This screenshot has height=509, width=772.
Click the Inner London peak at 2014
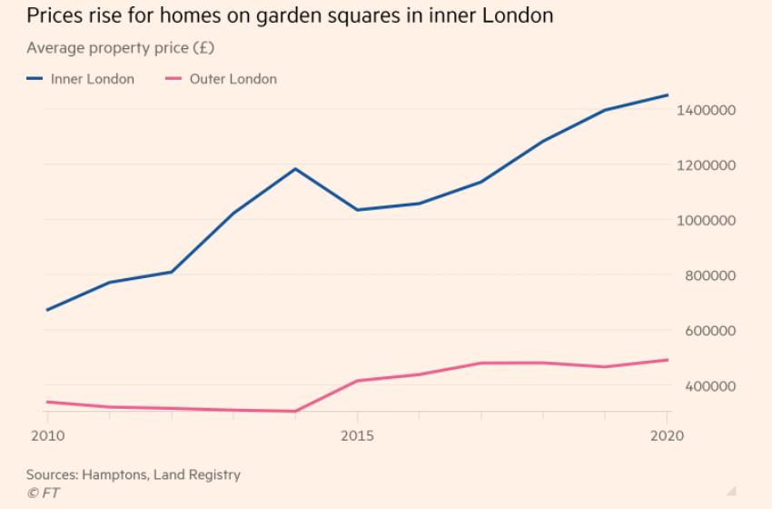295,168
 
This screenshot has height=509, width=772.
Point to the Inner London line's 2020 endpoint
668,95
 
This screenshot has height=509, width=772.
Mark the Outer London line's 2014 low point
295,411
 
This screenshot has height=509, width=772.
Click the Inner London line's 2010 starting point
46,310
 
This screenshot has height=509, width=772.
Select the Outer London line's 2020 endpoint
668,360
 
